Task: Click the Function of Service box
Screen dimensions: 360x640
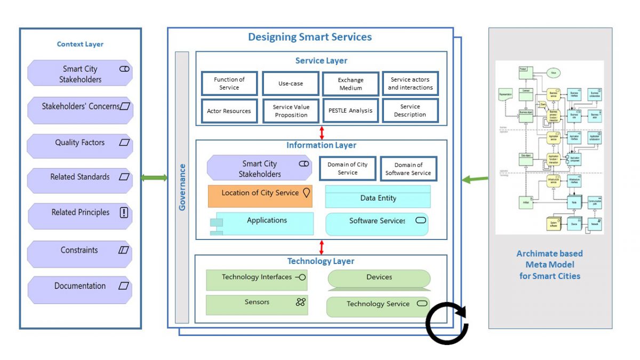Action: coord(229,84)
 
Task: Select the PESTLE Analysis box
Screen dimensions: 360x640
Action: coord(350,110)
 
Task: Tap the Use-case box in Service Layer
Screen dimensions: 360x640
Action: coord(290,84)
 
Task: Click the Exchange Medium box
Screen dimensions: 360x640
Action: coord(350,84)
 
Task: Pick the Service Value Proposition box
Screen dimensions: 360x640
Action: coord(290,110)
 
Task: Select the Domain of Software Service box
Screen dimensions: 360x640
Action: coord(408,169)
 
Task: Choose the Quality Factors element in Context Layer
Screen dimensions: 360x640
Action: coord(80,143)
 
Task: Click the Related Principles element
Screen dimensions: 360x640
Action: coord(80,213)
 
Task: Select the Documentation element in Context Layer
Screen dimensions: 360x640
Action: coord(80,286)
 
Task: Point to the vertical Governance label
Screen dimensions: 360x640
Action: coord(182,187)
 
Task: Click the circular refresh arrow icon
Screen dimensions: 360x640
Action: coord(447,323)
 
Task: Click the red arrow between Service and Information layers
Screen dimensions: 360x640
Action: coord(322,132)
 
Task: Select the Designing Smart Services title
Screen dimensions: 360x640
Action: coord(310,37)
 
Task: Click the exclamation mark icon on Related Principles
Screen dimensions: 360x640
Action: coord(124,213)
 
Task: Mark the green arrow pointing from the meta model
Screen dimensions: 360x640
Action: coord(474,180)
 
